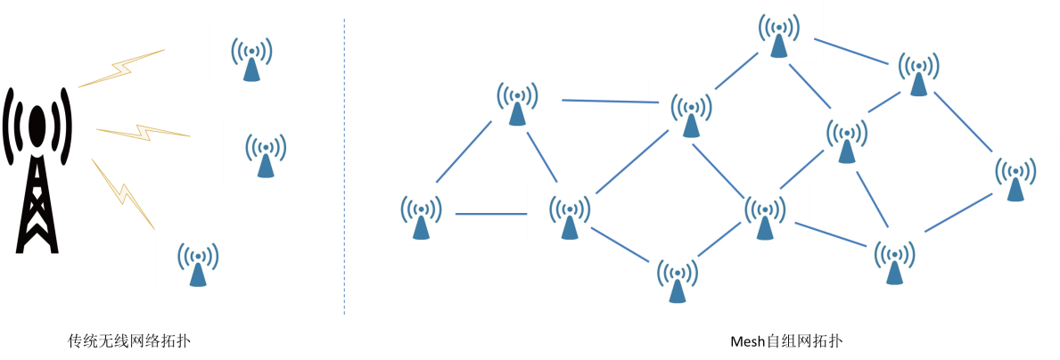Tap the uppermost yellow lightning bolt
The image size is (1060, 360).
(x=123, y=68)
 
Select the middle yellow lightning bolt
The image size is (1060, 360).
(x=143, y=133)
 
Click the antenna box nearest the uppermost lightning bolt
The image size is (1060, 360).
(x=252, y=55)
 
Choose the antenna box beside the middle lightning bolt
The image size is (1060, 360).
(x=266, y=151)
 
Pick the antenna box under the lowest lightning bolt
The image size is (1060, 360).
(x=198, y=260)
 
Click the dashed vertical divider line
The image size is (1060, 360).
(x=344, y=169)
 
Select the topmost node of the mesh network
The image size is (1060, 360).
(x=779, y=32)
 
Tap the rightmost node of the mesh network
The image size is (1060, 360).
(x=1015, y=175)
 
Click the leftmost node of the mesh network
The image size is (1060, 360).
(x=422, y=214)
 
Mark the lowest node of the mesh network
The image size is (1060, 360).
(x=678, y=277)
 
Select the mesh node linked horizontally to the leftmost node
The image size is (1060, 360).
(x=570, y=214)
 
